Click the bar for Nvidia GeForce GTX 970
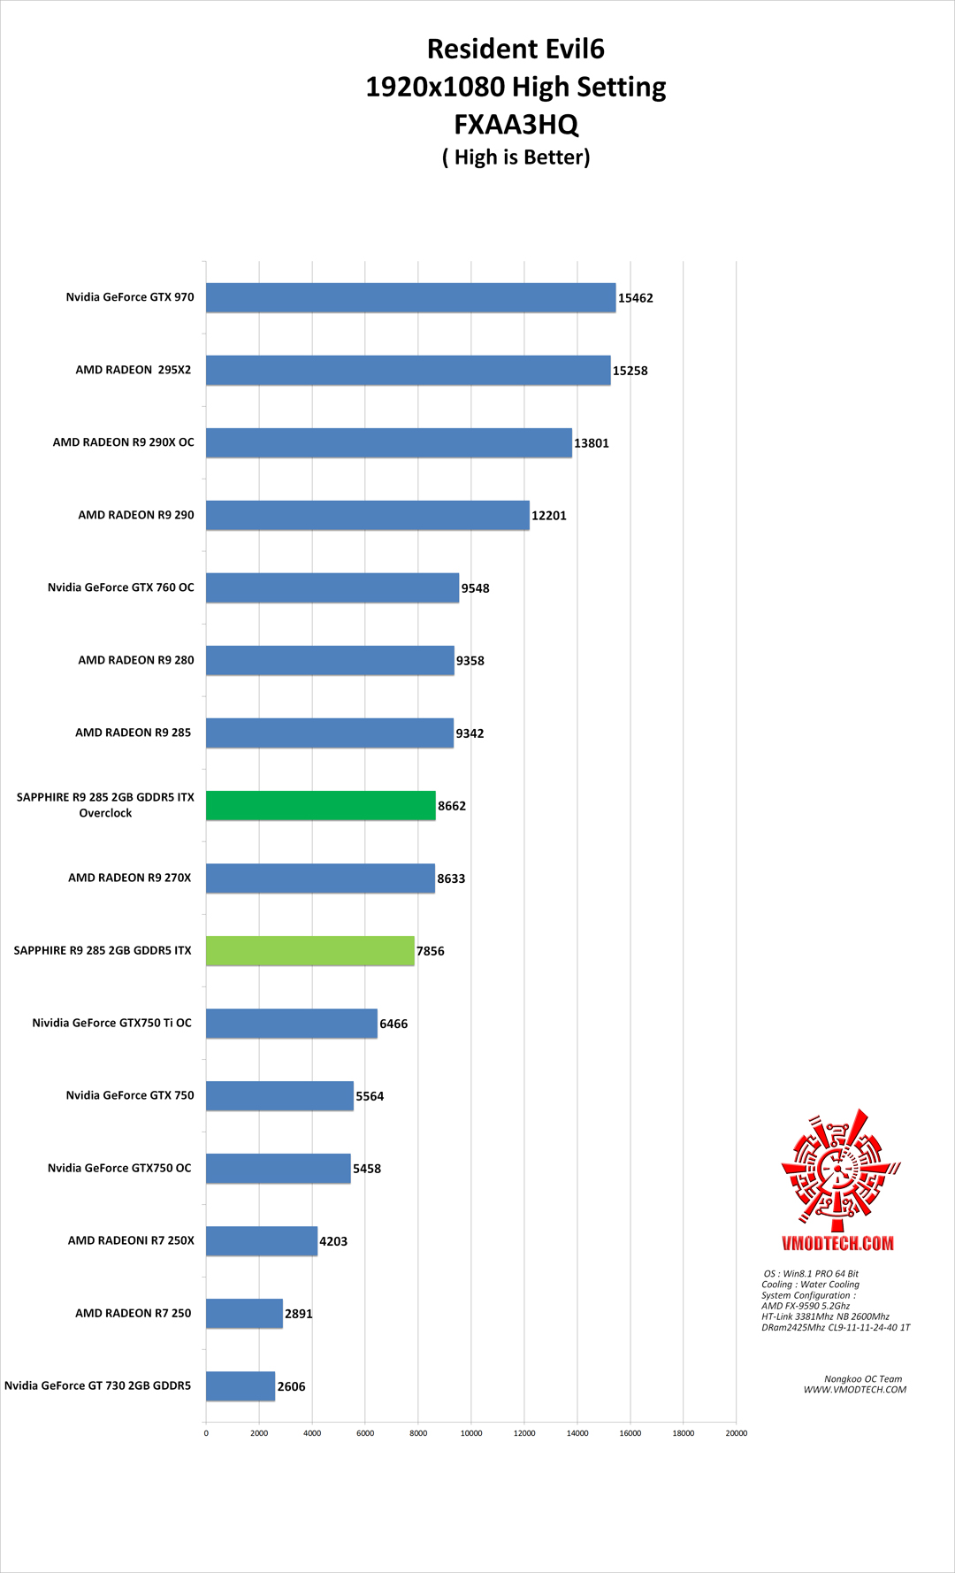click(x=410, y=298)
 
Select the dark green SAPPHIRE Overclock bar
click(x=320, y=806)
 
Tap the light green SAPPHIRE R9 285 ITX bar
click(x=309, y=951)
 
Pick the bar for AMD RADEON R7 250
click(x=244, y=1314)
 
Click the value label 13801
click(x=592, y=443)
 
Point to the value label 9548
click(x=475, y=588)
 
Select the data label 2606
click(x=291, y=1386)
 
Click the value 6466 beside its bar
click(x=393, y=1024)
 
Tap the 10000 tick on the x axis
click(x=471, y=1433)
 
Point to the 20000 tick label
click(x=736, y=1433)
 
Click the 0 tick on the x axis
click(x=206, y=1433)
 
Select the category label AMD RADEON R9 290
click(x=136, y=515)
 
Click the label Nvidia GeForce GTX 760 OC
click(x=121, y=587)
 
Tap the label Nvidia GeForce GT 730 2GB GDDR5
click(x=97, y=1385)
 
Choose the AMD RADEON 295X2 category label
click(x=134, y=370)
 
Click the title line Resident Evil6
click(x=516, y=49)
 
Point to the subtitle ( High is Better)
click(x=516, y=157)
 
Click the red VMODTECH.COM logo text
click(x=837, y=1243)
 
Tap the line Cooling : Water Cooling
click(x=810, y=1285)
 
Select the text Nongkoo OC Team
click(x=863, y=1378)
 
